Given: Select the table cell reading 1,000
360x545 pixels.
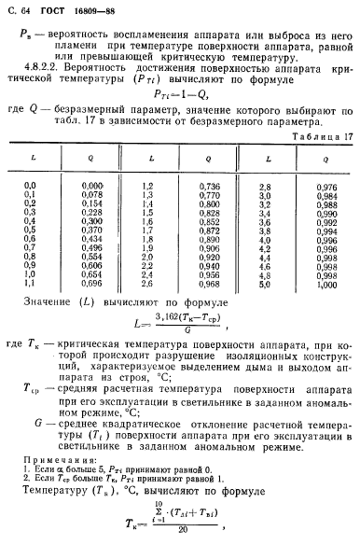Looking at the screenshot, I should coord(328,309).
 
